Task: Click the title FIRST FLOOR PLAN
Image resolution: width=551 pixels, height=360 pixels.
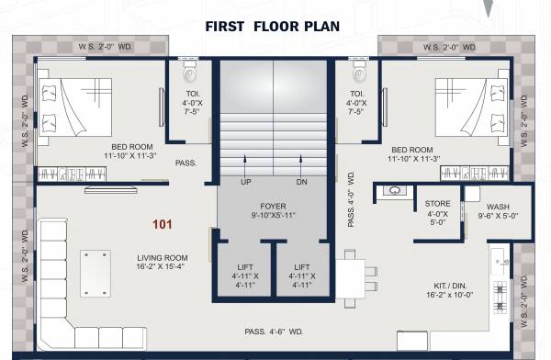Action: click(274, 26)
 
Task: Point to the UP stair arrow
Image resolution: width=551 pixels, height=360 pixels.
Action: click(245, 169)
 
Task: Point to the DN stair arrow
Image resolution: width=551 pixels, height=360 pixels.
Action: click(302, 169)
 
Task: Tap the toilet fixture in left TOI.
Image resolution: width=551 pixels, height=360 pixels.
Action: click(191, 73)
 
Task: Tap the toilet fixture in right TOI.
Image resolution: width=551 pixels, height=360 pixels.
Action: click(356, 73)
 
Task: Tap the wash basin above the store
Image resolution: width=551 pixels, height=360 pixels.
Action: click(394, 191)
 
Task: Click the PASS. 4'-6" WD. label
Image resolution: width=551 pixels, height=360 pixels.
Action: click(273, 331)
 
